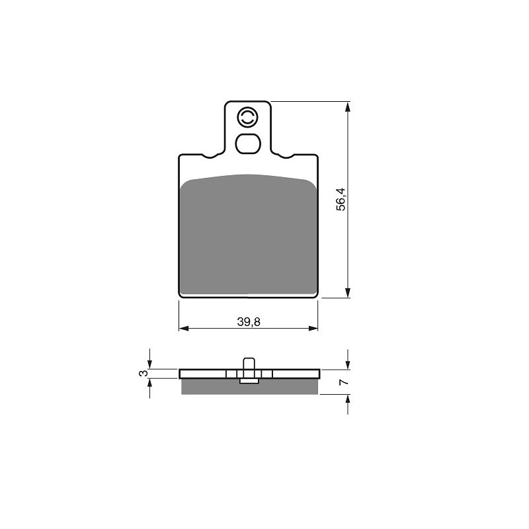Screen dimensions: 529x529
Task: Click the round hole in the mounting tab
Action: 247,118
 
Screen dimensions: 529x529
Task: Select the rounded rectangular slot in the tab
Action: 248,143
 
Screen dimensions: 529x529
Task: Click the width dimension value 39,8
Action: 248,322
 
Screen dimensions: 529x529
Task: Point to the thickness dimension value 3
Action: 142,374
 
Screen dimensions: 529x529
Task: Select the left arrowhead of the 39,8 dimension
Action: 183,327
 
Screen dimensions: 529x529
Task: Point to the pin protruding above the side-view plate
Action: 249,363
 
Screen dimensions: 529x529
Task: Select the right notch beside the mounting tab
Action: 286,156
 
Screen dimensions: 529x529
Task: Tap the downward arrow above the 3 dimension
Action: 151,364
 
